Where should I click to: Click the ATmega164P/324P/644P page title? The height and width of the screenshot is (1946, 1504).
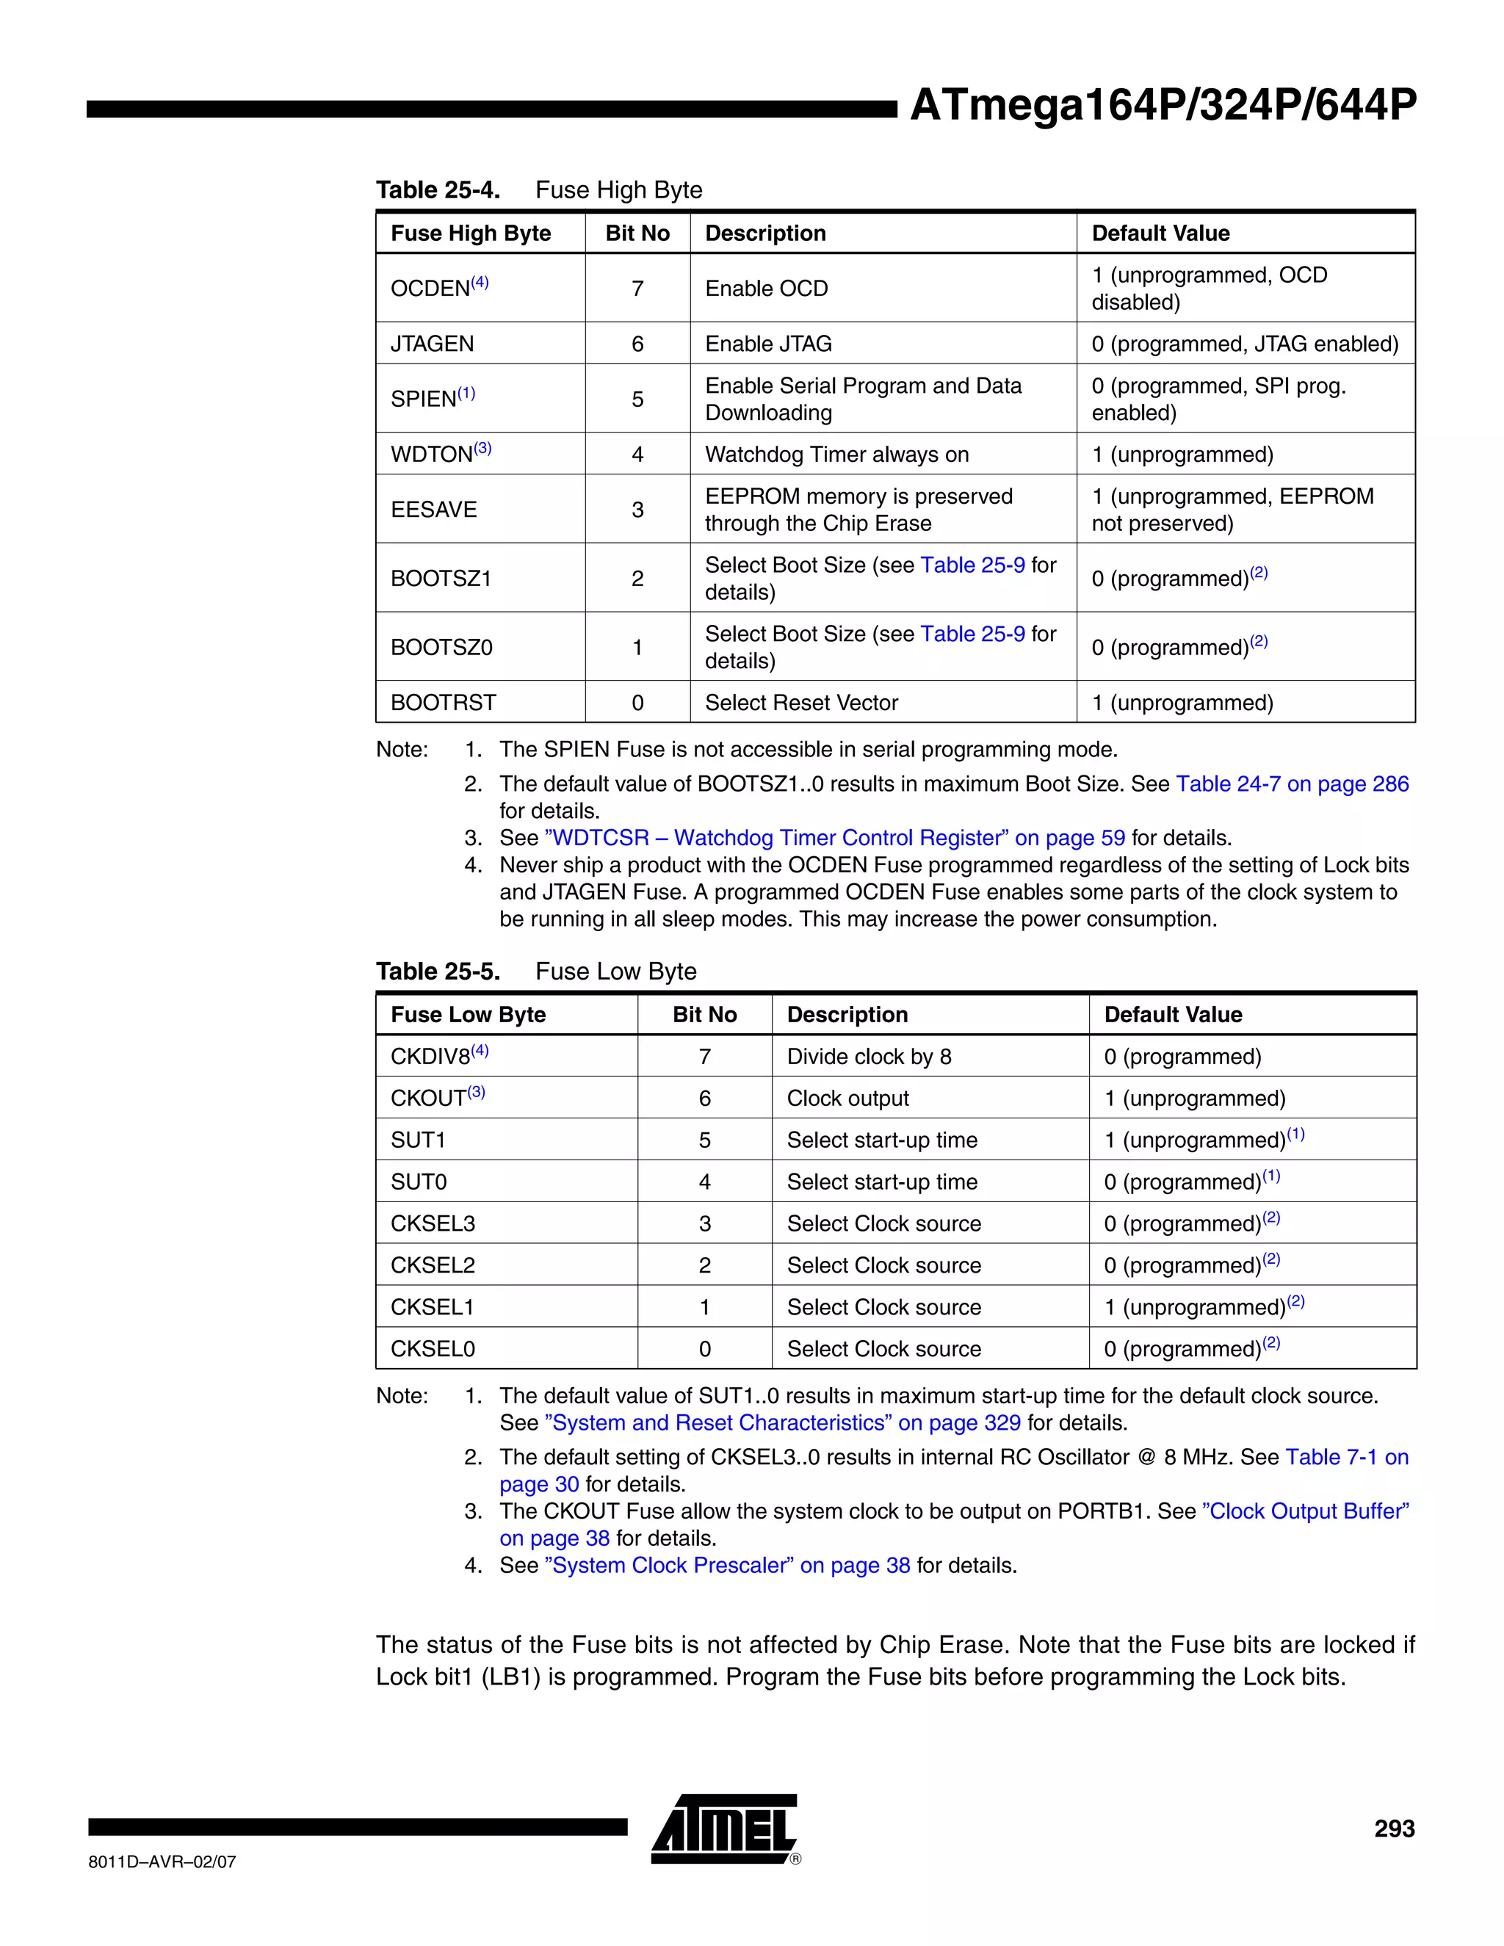(1162, 105)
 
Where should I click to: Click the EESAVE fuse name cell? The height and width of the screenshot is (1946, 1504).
(434, 510)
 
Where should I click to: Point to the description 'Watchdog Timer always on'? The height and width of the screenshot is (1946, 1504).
(836, 455)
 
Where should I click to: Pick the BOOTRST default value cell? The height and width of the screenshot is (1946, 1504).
(1182, 703)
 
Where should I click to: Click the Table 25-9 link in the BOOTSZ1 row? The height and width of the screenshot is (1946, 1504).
(972, 565)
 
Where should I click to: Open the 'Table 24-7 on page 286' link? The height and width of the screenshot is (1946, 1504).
(1292, 784)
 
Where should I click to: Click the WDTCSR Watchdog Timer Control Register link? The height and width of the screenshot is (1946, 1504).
(834, 839)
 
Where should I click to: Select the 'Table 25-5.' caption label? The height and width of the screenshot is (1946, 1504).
(438, 972)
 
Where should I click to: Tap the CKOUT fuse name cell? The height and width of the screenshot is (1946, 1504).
(429, 1099)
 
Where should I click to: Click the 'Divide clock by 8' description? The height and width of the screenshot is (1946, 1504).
(869, 1057)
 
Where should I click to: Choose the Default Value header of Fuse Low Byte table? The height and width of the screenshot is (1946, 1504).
(1173, 1015)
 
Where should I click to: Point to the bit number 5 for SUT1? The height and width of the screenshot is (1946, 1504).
(705, 1140)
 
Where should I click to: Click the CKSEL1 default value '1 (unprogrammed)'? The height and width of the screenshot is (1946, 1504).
(1195, 1307)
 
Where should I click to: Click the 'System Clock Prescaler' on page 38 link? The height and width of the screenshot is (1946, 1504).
(727, 1566)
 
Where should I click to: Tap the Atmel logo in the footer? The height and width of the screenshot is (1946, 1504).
(724, 1829)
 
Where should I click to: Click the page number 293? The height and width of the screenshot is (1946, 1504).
(1394, 1829)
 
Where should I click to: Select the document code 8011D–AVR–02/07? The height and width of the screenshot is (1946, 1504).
(162, 1862)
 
